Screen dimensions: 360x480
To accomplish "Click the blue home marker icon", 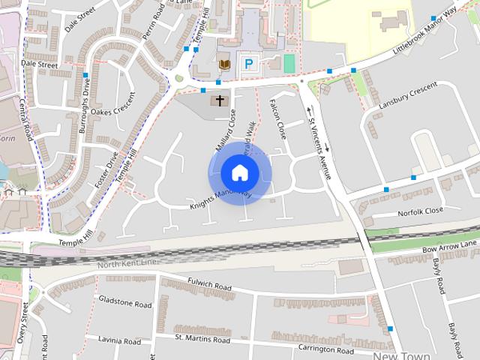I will pyautogui.click(x=239, y=172).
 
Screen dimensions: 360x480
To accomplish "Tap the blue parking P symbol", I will pyautogui.click(x=248, y=64).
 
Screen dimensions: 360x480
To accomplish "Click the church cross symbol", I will pyautogui.click(x=220, y=100).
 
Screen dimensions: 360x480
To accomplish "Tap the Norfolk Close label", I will pyautogui.click(x=421, y=212).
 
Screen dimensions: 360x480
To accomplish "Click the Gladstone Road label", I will pyautogui.click(x=125, y=304).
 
